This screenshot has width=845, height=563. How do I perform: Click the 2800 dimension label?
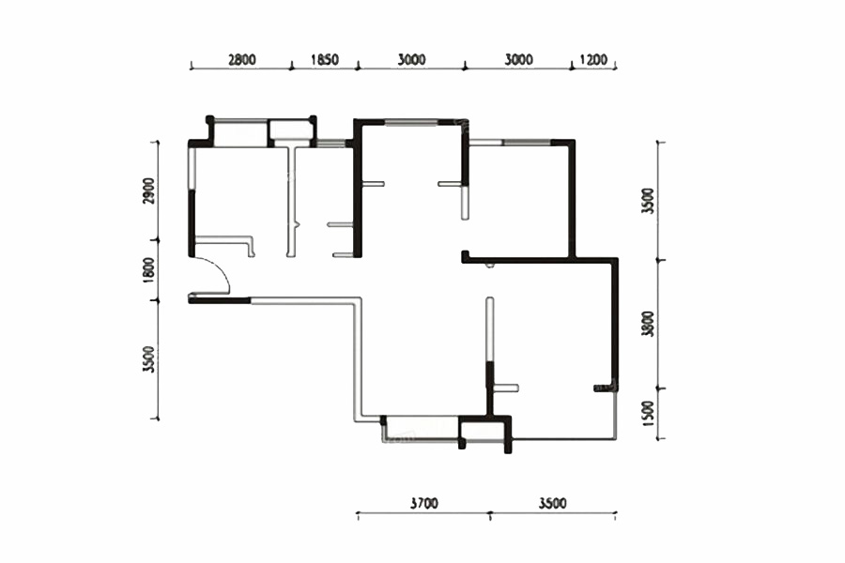point(242,59)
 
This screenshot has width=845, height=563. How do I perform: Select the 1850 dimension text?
point(325,59)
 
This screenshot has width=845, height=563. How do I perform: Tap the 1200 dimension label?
point(593,59)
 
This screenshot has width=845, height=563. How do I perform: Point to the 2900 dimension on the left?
point(149,190)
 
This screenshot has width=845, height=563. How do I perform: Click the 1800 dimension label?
point(149,269)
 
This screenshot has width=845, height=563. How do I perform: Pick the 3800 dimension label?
point(648,324)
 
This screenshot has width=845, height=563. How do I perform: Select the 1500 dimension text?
point(648,413)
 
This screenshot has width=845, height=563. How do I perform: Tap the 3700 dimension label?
point(424,503)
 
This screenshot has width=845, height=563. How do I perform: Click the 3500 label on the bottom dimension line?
point(552,503)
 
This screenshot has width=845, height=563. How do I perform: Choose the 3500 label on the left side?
point(149,359)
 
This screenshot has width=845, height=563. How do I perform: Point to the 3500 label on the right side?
point(648,201)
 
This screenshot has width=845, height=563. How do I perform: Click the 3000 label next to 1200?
point(518,59)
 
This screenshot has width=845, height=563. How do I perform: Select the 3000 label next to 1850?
point(411,59)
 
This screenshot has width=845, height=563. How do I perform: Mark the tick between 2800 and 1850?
point(292,67)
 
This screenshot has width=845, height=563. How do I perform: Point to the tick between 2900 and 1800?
point(158,239)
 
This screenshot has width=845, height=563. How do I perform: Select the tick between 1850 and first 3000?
point(358,67)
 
